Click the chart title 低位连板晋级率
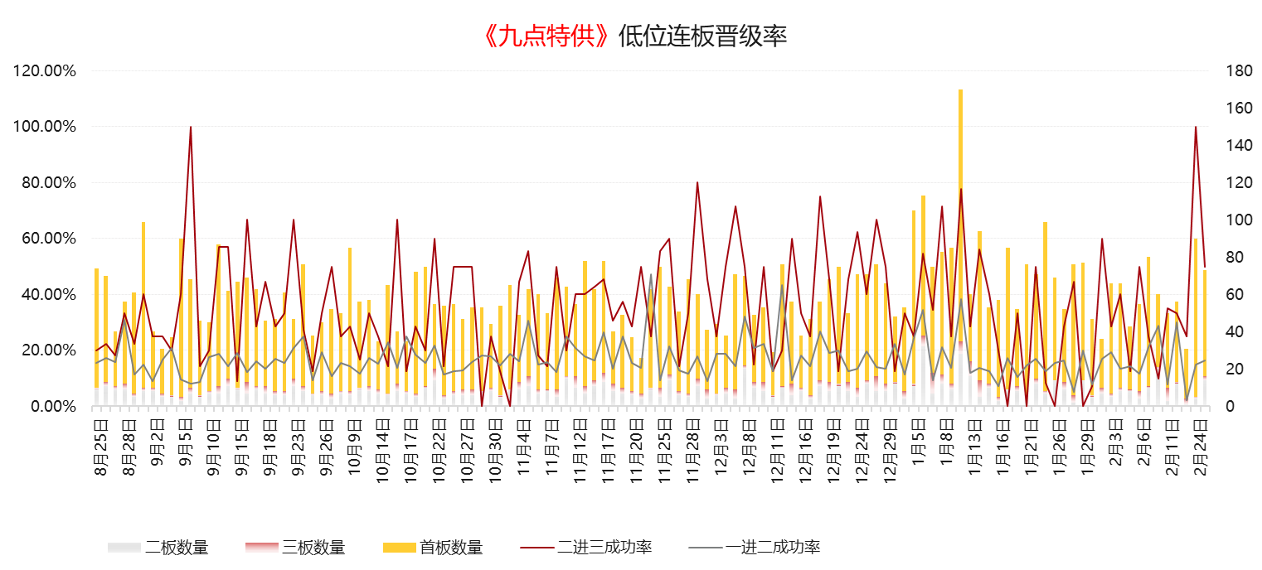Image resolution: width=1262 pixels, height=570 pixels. coord(702,36)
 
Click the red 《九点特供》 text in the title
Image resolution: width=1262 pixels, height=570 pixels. coord(547,36)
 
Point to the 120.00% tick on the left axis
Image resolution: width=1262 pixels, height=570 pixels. coord(45,71)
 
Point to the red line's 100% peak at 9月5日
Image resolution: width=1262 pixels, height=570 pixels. coord(191,127)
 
